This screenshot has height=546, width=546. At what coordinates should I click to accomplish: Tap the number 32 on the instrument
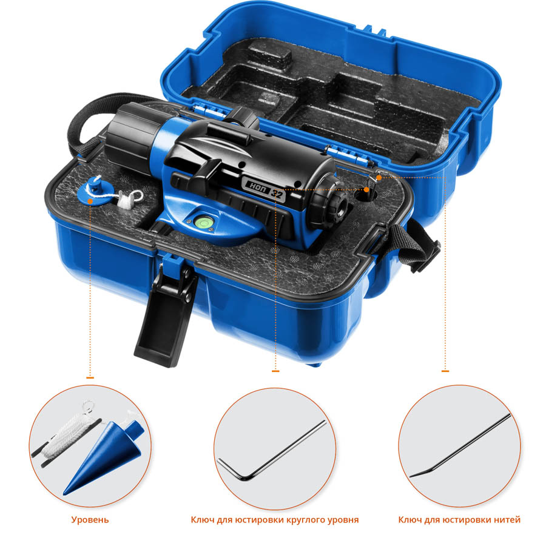277,194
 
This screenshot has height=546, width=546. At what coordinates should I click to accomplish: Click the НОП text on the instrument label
258,186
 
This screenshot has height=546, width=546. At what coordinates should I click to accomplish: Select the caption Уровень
90,520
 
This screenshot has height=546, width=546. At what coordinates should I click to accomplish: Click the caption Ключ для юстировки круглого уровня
275,520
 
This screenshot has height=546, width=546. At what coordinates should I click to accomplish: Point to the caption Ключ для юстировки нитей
459,520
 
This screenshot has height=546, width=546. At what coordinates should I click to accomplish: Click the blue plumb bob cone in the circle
104,456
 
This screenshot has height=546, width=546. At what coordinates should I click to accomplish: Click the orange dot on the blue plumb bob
90,201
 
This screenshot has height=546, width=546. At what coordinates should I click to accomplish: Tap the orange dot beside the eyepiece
366,190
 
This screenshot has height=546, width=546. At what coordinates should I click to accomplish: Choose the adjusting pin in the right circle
460,445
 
